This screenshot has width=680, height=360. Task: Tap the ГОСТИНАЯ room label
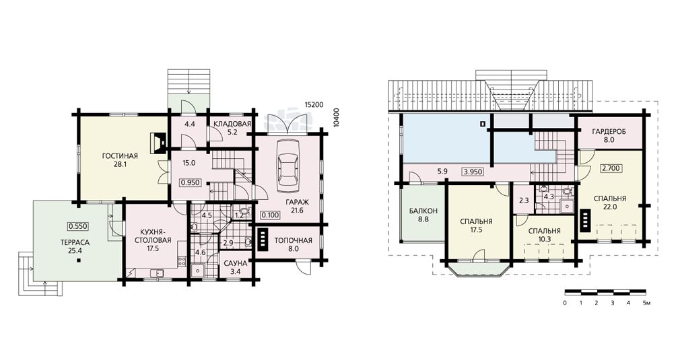(x=120, y=156)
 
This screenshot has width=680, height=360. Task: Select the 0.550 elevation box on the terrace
(x=78, y=225)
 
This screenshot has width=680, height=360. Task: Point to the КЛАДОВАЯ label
(x=232, y=124)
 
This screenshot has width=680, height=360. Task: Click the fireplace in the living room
(x=158, y=143)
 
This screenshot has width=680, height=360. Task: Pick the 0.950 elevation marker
(x=191, y=182)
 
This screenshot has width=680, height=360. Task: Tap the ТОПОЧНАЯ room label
(x=293, y=240)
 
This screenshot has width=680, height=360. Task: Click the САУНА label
(x=236, y=263)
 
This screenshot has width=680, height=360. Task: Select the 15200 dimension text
(x=313, y=104)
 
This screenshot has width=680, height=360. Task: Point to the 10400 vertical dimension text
(x=336, y=116)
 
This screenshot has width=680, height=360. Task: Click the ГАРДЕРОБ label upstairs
(x=609, y=131)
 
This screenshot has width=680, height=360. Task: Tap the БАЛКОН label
(x=423, y=211)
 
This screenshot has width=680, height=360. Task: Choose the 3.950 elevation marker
(x=472, y=172)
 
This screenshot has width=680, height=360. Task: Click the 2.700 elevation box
(x=610, y=168)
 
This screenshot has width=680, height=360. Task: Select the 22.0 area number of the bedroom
(x=610, y=207)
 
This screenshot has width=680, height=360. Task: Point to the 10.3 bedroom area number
(x=544, y=239)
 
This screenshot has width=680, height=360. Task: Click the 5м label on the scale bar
(x=646, y=303)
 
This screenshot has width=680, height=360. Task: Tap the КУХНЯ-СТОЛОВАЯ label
(x=153, y=237)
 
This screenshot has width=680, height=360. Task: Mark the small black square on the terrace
(x=79, y=260)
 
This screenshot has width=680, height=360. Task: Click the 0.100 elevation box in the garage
(x=271, y=215)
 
